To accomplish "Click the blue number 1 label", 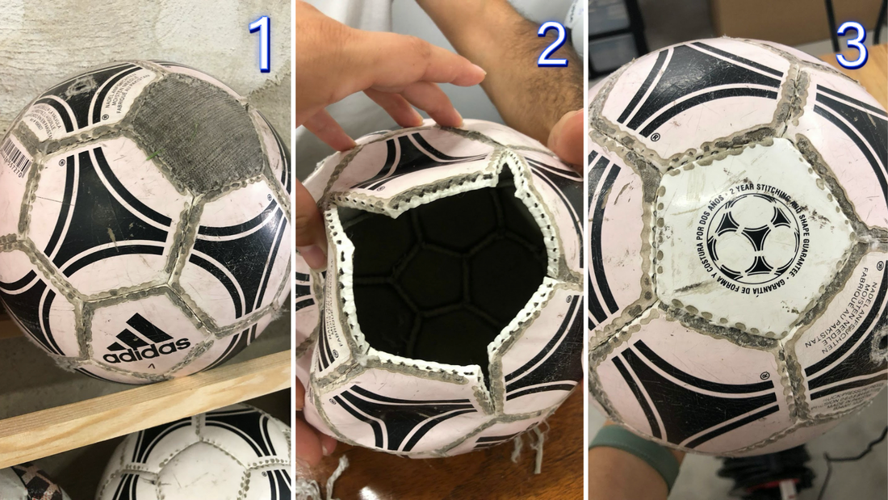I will click(260, 44).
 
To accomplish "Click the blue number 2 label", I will click(552, 44).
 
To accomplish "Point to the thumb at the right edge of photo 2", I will click(568, 137).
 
